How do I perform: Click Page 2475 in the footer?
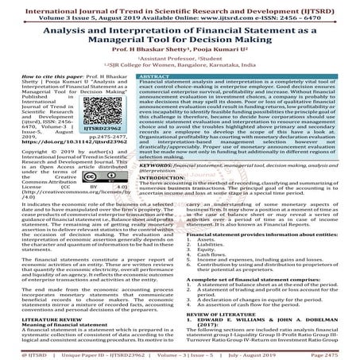tap(336, 350)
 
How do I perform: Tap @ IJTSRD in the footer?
tap(20, 350)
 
